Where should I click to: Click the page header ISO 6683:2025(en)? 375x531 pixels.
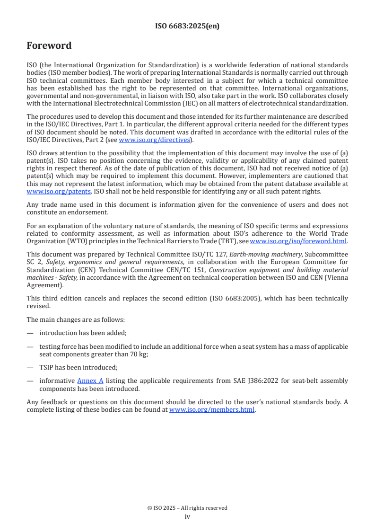tap(187, 26)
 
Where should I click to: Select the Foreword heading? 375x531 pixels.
tap(49, 46)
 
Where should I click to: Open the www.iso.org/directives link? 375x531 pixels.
tap(154, 140)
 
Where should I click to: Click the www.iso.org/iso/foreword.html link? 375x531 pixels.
tap(298, 241)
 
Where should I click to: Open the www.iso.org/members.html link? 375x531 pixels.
tap(212, 410)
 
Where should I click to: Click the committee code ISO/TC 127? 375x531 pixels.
tap(210, 254)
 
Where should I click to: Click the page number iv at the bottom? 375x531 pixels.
tap(187, 517)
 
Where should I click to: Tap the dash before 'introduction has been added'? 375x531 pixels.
tap(30, 333)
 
